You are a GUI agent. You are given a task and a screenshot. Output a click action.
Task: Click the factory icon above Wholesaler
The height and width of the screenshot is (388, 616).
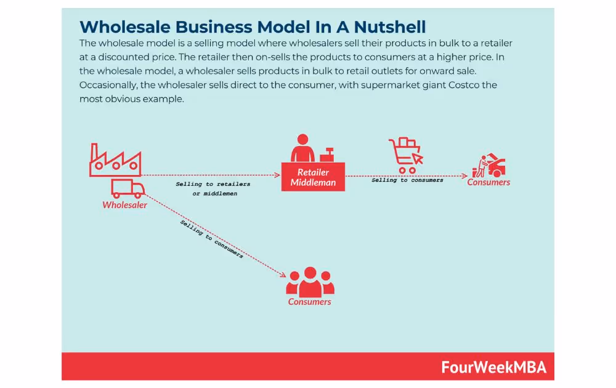tap(115, 161)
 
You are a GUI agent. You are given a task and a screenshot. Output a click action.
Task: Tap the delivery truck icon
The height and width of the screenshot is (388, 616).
tap(128, 188)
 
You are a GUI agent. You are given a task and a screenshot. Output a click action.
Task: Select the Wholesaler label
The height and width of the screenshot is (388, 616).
tap(124, 205)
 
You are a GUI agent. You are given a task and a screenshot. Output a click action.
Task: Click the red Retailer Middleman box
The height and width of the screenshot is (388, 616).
tap(313, 177)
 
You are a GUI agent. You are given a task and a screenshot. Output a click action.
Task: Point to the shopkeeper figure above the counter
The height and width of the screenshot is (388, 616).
tap(302, 149)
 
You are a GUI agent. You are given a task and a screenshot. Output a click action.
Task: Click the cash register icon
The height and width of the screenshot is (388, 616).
tap(326, 153)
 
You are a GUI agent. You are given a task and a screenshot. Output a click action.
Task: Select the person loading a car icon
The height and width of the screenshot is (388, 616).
tap(488, 166)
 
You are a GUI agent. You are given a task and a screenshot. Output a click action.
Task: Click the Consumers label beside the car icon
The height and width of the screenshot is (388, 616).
tap(488, 182)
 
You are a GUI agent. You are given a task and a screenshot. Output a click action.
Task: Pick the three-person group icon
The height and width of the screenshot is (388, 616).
tap(310, 281)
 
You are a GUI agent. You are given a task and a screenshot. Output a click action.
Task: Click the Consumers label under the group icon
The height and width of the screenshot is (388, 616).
tap(310, 302)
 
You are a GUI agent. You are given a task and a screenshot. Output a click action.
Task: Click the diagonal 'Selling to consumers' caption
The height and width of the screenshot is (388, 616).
tap(211, 238)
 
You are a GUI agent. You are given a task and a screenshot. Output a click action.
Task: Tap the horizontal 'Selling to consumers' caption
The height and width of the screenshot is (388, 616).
tap(407, 180)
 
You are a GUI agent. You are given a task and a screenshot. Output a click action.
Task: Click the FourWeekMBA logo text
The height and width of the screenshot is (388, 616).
tap(493, 367)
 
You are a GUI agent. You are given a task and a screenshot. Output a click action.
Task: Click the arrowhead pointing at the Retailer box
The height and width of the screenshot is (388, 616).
tap(278, 176)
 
